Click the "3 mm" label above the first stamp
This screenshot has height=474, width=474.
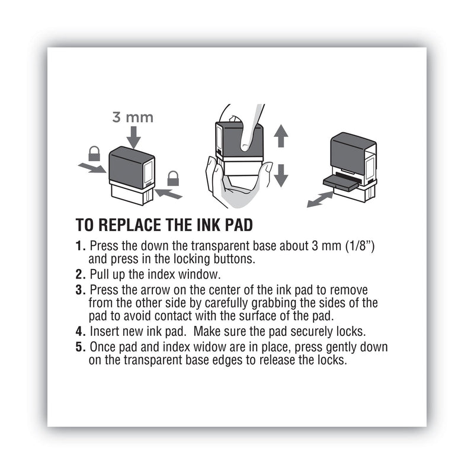133,117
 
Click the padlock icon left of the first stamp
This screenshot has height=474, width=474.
94,154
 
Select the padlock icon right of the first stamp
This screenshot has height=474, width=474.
173,177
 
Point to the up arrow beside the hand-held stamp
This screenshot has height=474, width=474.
281,136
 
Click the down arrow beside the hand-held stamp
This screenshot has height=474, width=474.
281,175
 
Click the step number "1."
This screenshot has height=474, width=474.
81,245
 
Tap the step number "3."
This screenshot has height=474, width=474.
81,290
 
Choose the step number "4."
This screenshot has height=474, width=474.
81,330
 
